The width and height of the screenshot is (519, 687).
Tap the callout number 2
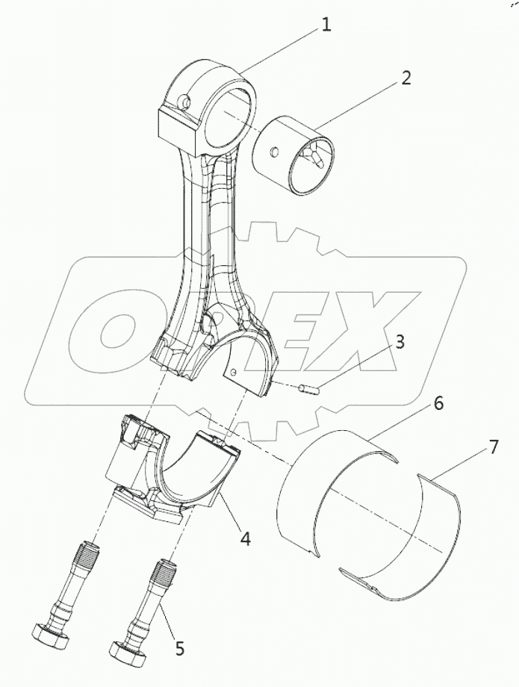(405, 78)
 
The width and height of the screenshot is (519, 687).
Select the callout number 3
(400, 343)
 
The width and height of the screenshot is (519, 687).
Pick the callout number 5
(179, 648)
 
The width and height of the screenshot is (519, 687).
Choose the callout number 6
(438, 403)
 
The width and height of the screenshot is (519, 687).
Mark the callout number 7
(494, 447)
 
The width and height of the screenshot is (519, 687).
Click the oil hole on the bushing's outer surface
(276, 152)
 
